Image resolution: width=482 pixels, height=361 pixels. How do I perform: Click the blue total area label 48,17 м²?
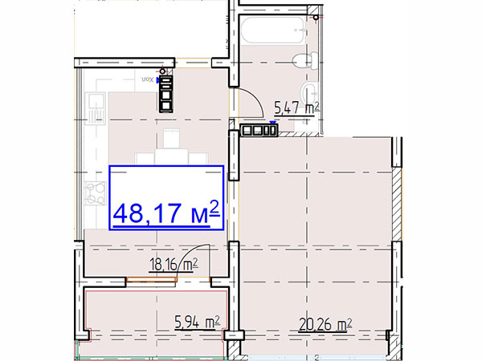166,213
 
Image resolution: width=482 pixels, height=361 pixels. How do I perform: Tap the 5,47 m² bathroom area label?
296,108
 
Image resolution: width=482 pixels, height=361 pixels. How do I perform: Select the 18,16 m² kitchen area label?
174,266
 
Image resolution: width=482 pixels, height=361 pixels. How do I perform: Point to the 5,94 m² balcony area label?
198,322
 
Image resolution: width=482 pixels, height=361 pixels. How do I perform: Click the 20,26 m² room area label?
325,325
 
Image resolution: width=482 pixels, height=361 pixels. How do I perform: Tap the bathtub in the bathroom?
273,30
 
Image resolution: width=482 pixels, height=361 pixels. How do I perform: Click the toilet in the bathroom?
305,61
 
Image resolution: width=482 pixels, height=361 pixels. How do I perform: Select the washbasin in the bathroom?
309,91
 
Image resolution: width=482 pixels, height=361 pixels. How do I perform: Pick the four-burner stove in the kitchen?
96,193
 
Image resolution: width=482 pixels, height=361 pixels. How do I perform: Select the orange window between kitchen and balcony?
152,279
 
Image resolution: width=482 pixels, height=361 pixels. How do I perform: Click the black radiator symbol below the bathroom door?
259,130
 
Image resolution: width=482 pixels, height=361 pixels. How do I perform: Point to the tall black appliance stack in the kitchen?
166,93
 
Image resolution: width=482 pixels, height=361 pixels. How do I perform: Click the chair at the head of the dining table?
171,139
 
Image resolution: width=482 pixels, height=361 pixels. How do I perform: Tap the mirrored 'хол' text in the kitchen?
147,79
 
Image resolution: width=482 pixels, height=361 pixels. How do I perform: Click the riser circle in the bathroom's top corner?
316,18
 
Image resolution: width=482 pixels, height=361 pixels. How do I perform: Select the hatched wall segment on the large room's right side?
396,204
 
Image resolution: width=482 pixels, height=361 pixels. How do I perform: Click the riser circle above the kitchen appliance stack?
162,71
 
